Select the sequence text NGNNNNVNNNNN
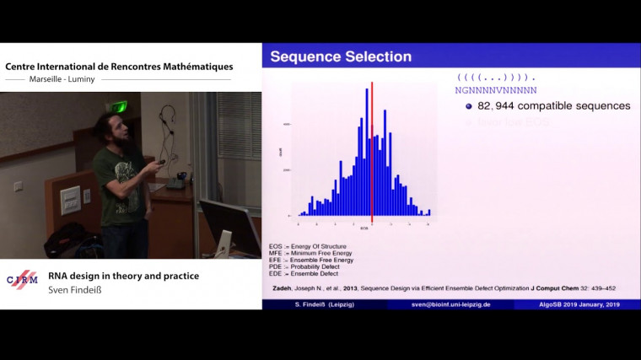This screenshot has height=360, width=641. (495, 89)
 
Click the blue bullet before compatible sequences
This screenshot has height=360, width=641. (469, 106)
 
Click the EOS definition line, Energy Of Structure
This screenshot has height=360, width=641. (308, 246)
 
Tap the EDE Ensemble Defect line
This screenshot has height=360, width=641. (304, 273)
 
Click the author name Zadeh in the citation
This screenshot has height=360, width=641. (282, 287)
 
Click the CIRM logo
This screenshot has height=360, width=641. (22, 280)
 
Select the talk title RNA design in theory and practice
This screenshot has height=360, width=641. (122, 275)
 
